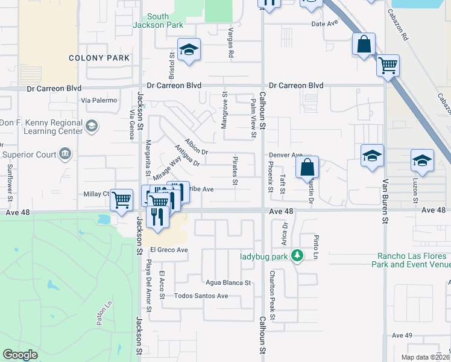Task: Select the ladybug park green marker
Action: tap(296, 256)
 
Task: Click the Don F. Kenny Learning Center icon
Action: tap(92, 125)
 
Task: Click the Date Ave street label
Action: tap(325, 24)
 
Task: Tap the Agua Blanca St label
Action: tap(228, 282)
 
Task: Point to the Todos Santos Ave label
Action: tap(201, 296)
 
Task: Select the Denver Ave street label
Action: tap(285, 155)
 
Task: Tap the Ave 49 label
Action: tap(402, 335)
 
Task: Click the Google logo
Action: tap(20, 355)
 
